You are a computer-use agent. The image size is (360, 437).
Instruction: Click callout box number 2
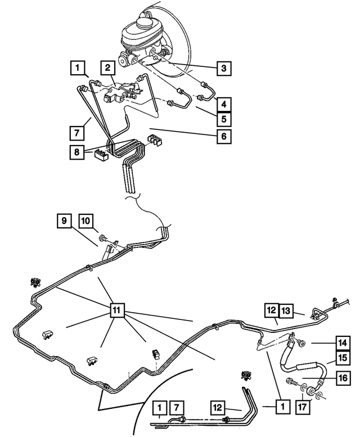tap(108, 68)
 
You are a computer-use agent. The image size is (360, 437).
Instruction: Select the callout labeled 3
tap(224, 68)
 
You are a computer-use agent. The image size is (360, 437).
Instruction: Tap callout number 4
tap(224, 104)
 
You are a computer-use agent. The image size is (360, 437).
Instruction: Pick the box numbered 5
tap(224, 119)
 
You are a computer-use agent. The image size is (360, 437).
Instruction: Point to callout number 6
tap(224, 136)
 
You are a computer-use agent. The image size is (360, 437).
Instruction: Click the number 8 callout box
tap(77, 152)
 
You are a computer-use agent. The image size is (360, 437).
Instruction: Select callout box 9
tap(64, 221)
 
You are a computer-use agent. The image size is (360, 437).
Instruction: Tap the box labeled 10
tap(86, 221)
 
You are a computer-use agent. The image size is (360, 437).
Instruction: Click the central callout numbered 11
tap(117, 310)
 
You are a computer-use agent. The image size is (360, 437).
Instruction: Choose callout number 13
tap(286, 311)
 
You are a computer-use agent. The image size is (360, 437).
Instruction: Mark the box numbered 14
tap(343, 343)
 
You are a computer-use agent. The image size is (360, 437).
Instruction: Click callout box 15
tap(343, 358)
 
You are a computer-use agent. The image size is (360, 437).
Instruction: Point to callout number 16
tap(343, 378)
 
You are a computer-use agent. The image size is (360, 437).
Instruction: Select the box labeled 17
tap(302, 407)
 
